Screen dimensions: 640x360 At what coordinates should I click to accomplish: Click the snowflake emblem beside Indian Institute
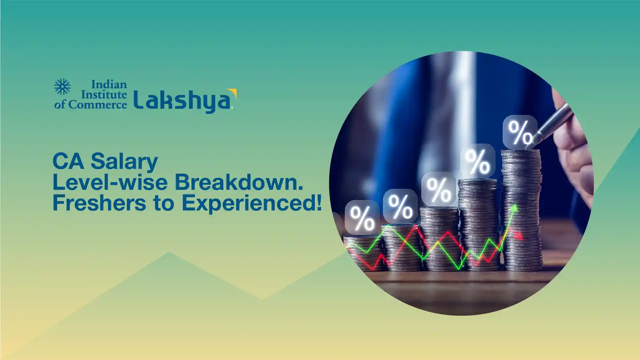click(62, 87)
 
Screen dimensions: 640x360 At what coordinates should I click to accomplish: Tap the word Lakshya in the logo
click(183, 101)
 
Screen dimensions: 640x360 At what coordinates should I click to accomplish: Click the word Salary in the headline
click(124, 162)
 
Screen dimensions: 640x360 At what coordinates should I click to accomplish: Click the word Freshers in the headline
click(99, 203)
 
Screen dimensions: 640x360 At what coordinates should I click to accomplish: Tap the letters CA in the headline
click(68, 162)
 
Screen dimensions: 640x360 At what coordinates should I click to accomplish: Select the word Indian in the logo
click(109, 84)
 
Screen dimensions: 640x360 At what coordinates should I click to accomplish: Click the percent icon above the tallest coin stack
click(520, 132)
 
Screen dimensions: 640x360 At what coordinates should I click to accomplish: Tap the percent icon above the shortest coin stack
click(362, 217)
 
